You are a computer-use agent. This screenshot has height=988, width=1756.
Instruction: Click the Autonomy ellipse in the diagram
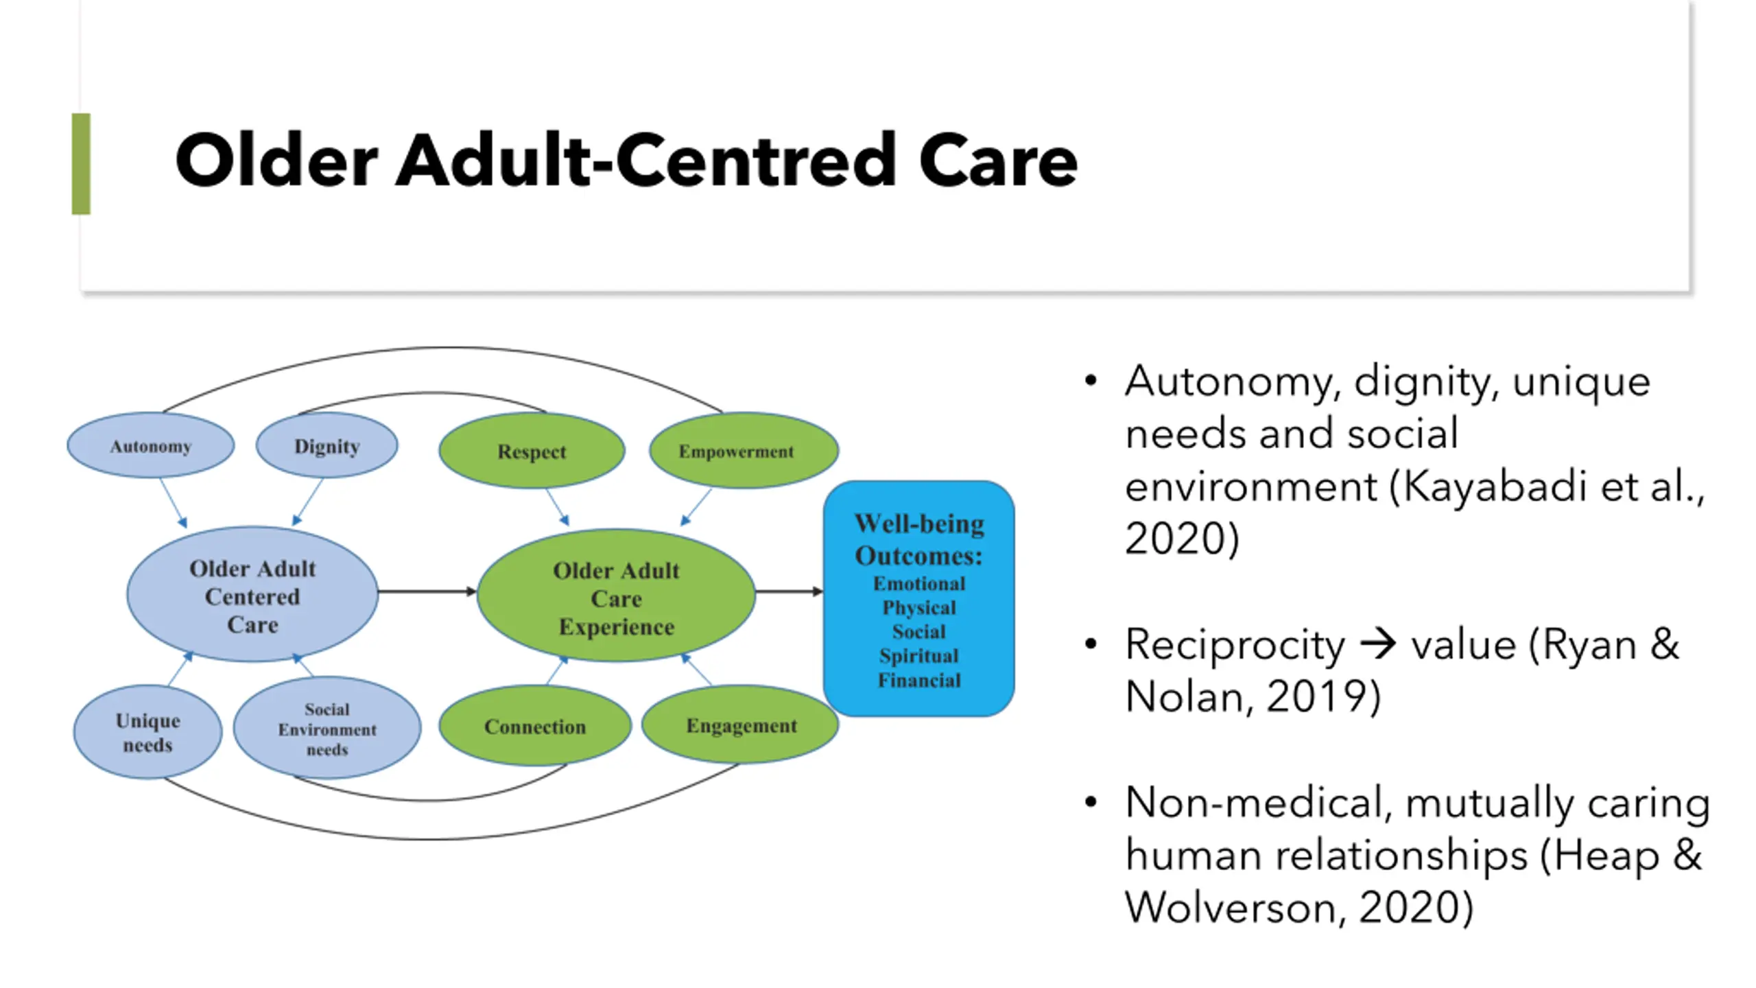(150, 446)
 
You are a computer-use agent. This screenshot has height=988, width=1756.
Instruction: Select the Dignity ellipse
(327, 446)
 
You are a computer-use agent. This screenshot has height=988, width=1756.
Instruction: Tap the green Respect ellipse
(532, 451)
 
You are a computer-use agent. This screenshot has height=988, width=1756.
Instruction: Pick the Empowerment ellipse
(744, 451)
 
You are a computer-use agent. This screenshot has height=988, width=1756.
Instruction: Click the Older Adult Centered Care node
(252, 596)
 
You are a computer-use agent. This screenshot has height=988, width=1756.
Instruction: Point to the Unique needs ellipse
(147, 732)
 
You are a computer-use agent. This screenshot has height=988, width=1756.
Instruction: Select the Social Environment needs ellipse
(327, 729)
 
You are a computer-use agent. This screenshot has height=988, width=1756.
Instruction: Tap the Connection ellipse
(535, 726)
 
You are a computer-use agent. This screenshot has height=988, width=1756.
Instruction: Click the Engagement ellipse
(741, 725)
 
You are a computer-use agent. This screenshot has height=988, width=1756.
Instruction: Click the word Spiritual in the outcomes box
(918, 656)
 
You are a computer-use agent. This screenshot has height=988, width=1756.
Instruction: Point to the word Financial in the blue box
(919, 681)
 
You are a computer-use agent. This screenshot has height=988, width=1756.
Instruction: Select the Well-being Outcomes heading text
(919, 539)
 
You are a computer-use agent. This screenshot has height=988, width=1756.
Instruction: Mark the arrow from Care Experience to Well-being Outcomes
(789, 591)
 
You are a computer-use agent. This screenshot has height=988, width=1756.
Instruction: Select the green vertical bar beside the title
(81, 164)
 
